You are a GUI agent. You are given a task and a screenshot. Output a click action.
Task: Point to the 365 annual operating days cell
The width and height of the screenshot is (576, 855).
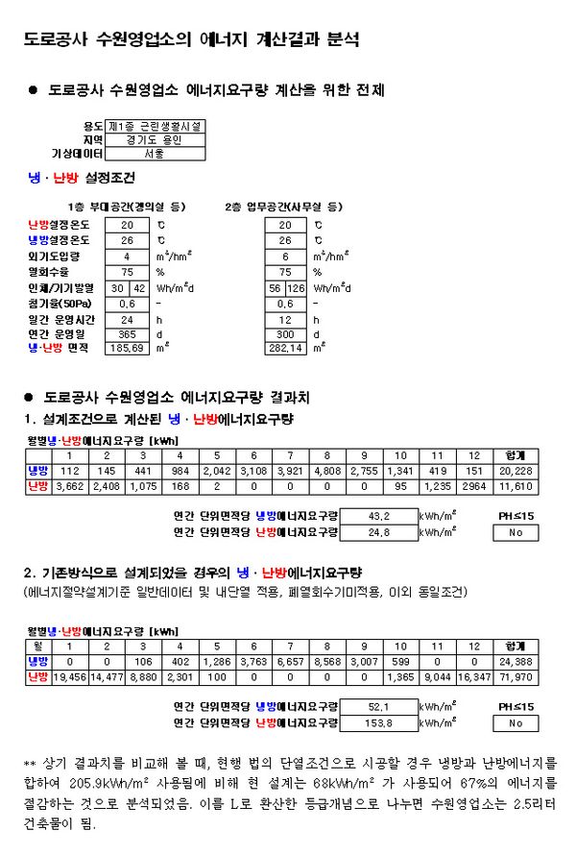pos(127,333)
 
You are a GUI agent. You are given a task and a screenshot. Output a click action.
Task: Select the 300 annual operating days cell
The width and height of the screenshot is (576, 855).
pos(286,333)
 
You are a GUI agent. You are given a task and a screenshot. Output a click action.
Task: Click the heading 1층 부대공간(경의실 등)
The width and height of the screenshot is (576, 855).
pos(127,206)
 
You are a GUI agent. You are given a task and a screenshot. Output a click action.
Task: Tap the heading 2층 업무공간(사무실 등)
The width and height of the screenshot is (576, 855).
pos(283,206)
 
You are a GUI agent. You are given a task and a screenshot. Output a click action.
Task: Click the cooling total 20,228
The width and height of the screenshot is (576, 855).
pos(515,472)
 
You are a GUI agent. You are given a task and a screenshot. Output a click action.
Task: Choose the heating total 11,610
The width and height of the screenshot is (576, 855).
pos(515,488)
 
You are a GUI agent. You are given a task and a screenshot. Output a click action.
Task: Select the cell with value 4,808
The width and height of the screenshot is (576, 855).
pos(327,472)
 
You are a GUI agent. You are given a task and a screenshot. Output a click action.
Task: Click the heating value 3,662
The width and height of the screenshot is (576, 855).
pos(69,488)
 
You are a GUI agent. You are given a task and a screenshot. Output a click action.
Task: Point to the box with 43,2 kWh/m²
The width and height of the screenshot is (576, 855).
pos(378,515)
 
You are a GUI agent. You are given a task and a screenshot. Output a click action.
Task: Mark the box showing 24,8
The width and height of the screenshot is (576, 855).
pos(378,531)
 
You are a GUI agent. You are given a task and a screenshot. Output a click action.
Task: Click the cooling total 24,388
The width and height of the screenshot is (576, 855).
pos(515,662)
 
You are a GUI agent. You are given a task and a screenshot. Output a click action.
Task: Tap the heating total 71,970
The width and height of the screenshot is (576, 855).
pos(515,678)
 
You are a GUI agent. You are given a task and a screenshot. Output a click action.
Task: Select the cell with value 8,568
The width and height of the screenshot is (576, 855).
pos(327,662)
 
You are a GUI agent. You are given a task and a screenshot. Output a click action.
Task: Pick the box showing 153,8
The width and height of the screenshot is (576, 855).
pos(378,721)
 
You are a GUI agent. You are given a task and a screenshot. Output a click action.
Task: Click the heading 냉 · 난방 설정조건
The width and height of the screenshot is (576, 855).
pos(83,178)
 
